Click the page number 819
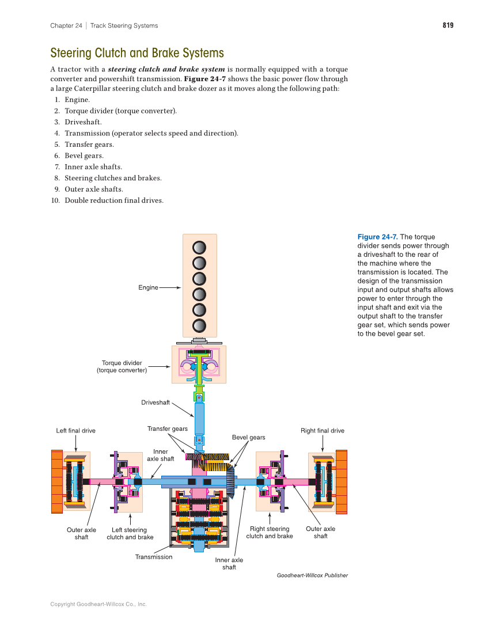[x=448, y=25]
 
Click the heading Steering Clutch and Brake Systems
[x=137, y=54]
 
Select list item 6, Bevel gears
[x=84, y=155]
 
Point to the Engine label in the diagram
[x=148, y=287]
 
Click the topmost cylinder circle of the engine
[x=199, y=247]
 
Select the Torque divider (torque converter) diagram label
[x=122, y=367]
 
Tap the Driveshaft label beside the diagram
[x=156, y=403]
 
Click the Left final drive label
[x=75, y=431]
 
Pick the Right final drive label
[x=322, y=431]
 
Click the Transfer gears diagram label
[x=167, y=429]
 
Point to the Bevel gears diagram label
[x=248, y=437]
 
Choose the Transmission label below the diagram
[x=153, y=557]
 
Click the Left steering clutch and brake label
[x=130, y=533]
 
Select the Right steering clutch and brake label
[x=269, y=533]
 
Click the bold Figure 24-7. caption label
[x=377, y=237]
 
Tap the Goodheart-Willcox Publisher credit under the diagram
[x=312, y=575]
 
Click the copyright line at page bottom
[x=98, y=604]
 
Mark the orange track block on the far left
[x=56, y=481]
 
